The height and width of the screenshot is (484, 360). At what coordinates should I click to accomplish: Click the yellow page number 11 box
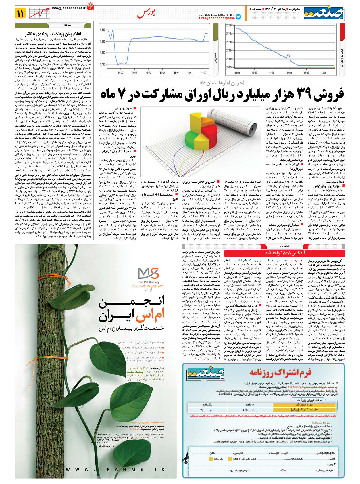20,13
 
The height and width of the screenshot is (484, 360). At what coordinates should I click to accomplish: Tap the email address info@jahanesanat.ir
69,8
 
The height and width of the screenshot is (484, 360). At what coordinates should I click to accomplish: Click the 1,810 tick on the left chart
103,30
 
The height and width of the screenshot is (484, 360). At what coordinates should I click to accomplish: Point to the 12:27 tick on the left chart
204,73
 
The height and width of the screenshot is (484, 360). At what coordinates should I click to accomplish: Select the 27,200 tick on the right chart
230,25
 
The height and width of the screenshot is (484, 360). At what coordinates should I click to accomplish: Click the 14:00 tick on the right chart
324,73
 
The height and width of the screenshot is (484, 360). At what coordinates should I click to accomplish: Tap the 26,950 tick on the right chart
230,67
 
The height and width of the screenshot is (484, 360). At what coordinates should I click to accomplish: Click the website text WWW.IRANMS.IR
115,469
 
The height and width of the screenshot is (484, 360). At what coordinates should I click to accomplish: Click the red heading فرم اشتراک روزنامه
280,373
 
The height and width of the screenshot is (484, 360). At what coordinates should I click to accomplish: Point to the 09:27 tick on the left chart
121,73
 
